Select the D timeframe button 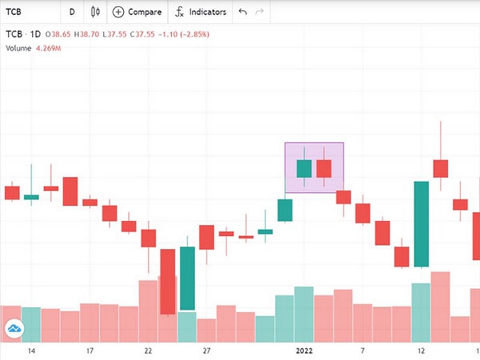[x=72, y=11]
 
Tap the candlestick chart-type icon [x=95, y=11]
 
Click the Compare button [x=137, y=11]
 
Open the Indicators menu [x=201, y=11]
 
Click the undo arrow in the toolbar [x=242, y=11]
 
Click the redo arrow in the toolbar [x=259, y=11]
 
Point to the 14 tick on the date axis [x=31, y=350]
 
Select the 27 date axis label [x=206, y=350]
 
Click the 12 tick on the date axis [x=421, y=350]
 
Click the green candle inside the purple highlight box [x=304, y=169]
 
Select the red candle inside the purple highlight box [x=324, y=169]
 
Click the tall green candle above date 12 [x=421, y=224]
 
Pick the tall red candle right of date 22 [x=167, y=281]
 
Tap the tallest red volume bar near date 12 [x=440, y=306]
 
